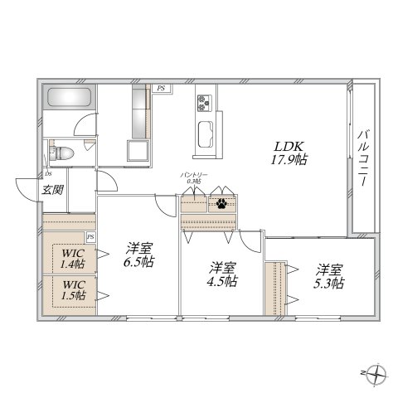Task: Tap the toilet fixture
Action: point(62,153)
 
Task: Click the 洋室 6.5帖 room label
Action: point(139,254)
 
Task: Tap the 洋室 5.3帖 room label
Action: point(329,275)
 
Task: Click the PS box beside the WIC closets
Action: point(90,237)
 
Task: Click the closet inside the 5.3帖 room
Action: point(274,288)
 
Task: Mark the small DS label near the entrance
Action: point(49,174)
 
